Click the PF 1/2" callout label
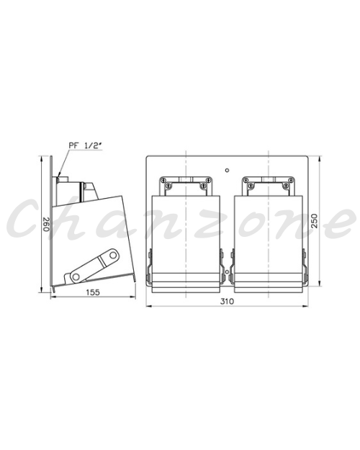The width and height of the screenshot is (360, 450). pyautogui.click(x=86, y=145)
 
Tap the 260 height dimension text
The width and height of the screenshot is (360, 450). pyautogui.click(x=47, y=224)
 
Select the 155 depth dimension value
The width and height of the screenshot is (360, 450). pyautogui.click(x=93, y=292)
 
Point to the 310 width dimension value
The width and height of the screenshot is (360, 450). pyautogui.click(x=228, y=302)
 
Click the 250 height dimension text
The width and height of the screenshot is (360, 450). pyautogui.click(x=315, y=221)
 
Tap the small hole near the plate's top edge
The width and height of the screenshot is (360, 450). pyautogui.click(x=227, y=170)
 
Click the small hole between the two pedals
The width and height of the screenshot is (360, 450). pyautogui.click(x=227, y=271)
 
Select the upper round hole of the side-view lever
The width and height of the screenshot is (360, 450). pyautogui.click(x=113, y=255)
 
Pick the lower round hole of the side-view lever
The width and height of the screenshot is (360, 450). pyautogui.click(x=76, y=277)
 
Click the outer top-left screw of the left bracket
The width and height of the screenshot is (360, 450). pyautogui.click(x=163, y=180)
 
